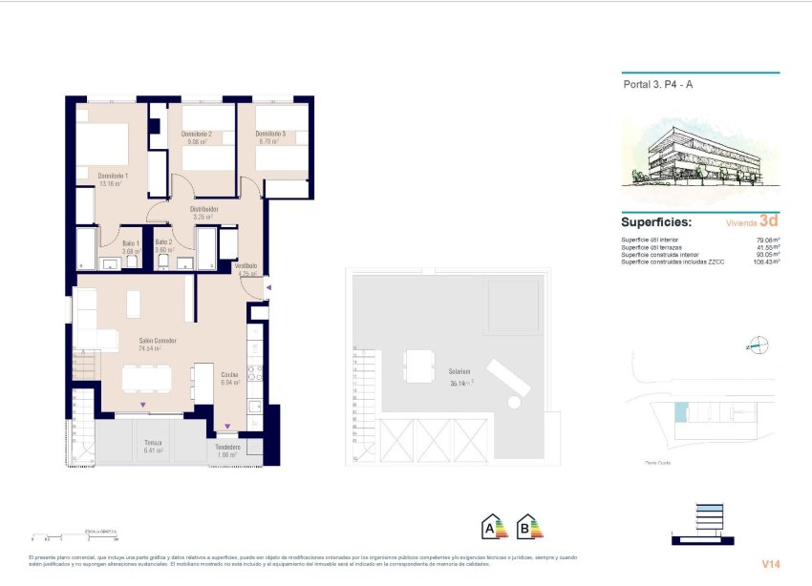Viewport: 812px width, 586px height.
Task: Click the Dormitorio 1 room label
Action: click(113, 176)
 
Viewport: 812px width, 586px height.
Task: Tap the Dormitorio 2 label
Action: click(196, 135)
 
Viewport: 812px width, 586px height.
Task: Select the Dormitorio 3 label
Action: click(270, 135)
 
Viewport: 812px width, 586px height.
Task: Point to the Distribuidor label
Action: click(205, 208)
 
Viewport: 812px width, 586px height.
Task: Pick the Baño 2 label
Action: click(163, 243)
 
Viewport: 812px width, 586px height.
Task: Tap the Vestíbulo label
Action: click(247, 266)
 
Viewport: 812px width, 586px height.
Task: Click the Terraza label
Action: click(153, 444)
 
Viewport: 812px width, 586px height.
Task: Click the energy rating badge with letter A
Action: click(494, 526)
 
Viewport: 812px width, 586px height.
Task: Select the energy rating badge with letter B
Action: click(528, 526)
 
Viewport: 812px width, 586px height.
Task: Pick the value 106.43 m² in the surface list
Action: click(765, 262)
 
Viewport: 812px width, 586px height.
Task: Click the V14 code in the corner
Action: click(771, 564)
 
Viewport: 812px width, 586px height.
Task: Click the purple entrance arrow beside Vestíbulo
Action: click(269, 286)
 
